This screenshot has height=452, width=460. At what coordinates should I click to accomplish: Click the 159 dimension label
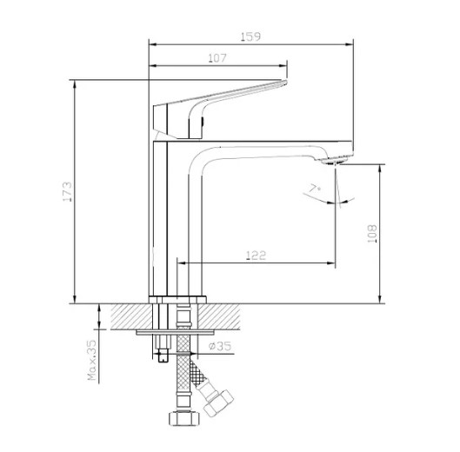coord(250,37)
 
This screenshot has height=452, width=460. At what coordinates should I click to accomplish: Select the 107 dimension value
coord(217,58)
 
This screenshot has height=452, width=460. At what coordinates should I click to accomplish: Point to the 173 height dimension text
coord(67,191)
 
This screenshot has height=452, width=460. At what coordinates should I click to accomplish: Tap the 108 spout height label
coord(372,234)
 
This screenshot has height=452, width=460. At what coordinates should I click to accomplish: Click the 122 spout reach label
coord(257,256)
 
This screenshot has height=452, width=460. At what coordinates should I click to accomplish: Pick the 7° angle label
coord(315,188)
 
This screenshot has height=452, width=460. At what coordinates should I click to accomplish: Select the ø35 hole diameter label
coord(220,346)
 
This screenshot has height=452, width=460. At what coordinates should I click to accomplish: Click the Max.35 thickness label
coord(92,360)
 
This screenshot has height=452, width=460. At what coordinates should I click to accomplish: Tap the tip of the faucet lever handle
coord(286,83)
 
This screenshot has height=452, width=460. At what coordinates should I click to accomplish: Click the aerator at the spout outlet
coord(335,161)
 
